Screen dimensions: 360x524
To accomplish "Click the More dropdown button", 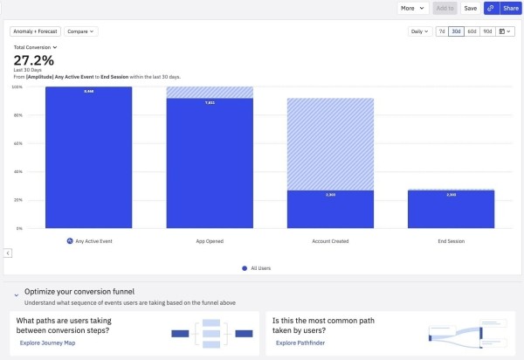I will click(412, 8).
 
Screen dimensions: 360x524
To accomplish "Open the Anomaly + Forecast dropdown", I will click(36, 31).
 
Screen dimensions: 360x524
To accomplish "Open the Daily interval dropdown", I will click(420, 31).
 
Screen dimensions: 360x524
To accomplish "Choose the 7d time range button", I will click(441, 31).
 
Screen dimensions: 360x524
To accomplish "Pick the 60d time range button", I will click(472, 31).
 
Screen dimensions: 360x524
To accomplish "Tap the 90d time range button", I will click(487, 31).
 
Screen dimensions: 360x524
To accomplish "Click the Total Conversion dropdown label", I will click(36, 47).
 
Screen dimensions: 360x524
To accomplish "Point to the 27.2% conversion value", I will click(33, 60).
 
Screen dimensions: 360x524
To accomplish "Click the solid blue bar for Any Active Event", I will click(88, 157).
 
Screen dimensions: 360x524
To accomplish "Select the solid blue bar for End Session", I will click(451, 210).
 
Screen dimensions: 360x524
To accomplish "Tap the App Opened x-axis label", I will click(209, 239).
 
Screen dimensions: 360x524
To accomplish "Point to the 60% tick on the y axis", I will click(17, 143).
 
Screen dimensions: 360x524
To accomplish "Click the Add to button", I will click(444, 8).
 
